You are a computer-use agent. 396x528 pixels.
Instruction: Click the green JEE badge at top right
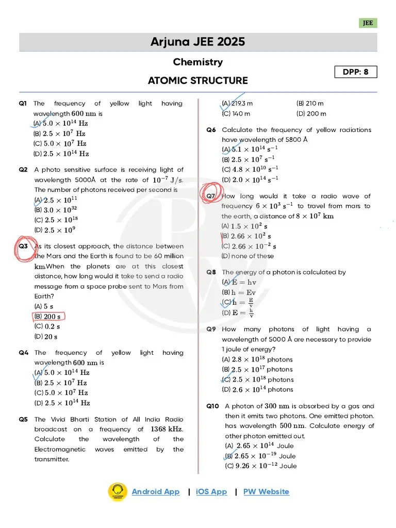click(368, 23)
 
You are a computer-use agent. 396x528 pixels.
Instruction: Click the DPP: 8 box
click(356, 72)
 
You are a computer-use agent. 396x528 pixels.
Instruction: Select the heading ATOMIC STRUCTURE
click(197, 80)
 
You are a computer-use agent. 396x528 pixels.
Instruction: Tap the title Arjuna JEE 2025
click(197, 42)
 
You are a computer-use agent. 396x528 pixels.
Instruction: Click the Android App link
click(155, 491)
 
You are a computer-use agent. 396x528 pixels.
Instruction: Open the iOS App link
click(211, 491)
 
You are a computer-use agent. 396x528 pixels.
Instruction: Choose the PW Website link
click(266, 491)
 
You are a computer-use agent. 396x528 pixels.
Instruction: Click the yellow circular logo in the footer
click(117, 492)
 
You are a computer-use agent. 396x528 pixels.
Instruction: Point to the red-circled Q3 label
click(24, 246)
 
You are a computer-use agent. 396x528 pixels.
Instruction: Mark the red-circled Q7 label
click(211, 196)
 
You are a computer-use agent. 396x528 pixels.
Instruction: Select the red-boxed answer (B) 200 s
click(49, 316)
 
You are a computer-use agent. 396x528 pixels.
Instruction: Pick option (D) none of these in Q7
click(247, 256)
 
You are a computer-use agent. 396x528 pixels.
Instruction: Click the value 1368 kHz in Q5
click(167, 429)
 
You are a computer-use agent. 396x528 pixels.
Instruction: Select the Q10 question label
click(212, 406)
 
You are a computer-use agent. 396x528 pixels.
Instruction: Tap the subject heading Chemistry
click(197, 62)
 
